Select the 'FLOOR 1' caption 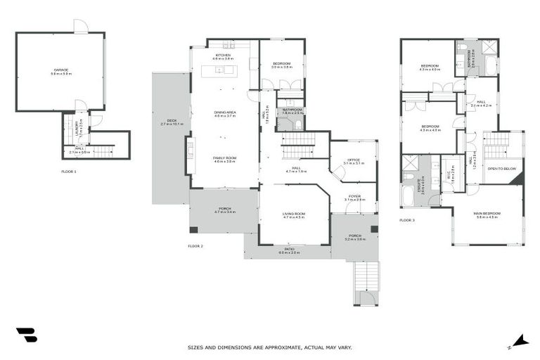coord(69,171)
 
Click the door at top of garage coord(81,26)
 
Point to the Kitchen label coord(223,56)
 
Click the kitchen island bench coord(220,70)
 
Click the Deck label coord(172,122)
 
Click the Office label coord(354,162)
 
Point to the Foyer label coord(354,198)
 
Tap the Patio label coord(289,250)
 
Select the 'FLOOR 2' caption coord(195,246)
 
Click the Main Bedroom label coord(487,215)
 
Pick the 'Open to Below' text coord(503,169)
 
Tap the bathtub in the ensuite coord(409,195)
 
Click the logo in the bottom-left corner coord(26,335)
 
